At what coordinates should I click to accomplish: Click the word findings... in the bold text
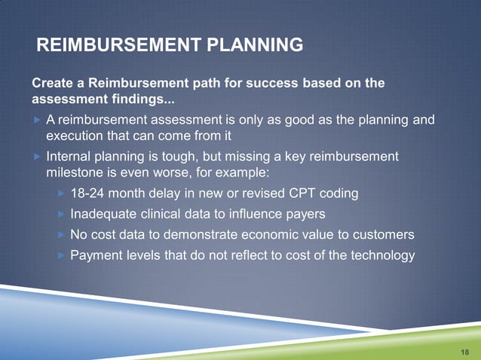coord(136,99)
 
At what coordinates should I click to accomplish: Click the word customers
coord(384,234)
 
